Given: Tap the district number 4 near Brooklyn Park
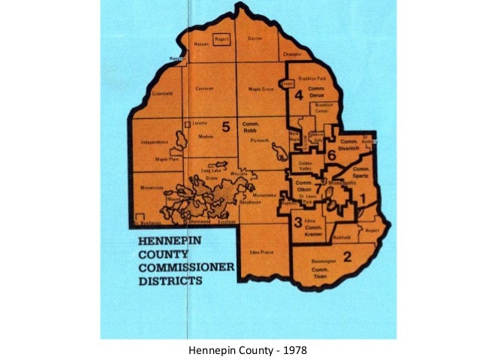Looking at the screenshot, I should (x=298, y=95).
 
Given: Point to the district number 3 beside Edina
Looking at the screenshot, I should (x=298, y=222).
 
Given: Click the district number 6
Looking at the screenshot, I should (x=331, y=154).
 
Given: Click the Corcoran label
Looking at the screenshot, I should (x=205, y=89).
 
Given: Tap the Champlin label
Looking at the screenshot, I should (x=292, y=55).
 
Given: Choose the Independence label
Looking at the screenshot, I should (x=153, y=141).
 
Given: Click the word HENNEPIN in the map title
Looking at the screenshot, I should (x=158, y=243).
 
